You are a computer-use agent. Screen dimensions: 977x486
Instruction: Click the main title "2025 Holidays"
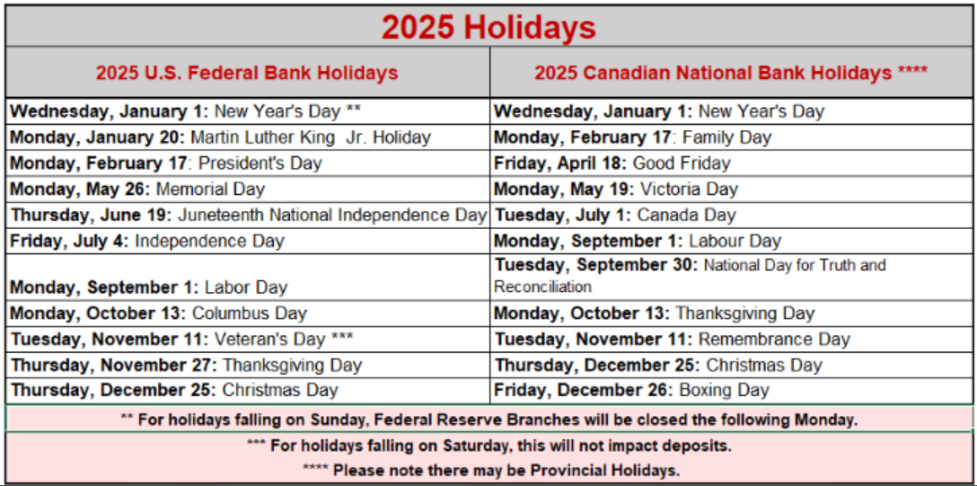(488, 27)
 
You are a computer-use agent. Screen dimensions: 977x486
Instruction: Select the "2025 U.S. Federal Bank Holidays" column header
(247, 73)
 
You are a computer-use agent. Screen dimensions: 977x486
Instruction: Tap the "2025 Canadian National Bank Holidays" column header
(732, 73)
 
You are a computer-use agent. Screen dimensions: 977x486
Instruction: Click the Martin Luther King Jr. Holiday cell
(248, 137)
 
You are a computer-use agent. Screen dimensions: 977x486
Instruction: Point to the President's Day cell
(248, 163)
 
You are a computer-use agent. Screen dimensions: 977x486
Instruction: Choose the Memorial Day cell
(248, 189)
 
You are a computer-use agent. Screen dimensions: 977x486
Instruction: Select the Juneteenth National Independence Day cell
(248, 215)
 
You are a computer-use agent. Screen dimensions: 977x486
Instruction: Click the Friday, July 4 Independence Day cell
(248, 241)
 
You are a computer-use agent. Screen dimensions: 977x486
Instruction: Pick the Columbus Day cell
(248, 313)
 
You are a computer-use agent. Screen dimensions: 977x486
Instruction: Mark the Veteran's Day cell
(248, 339)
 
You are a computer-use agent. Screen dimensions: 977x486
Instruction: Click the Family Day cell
(732, 137)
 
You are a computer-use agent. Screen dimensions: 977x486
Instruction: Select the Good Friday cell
(732, 163)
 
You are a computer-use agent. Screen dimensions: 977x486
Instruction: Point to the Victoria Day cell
(732, 189)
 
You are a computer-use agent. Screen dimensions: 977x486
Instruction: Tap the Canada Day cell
(732, 215)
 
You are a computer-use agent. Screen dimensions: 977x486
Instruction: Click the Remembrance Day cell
(732, 339)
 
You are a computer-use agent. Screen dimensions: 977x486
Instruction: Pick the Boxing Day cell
(732, 391)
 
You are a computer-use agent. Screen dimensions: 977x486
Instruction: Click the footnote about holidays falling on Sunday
(488, 420)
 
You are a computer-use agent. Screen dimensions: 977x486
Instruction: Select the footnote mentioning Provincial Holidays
(491, 471)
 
